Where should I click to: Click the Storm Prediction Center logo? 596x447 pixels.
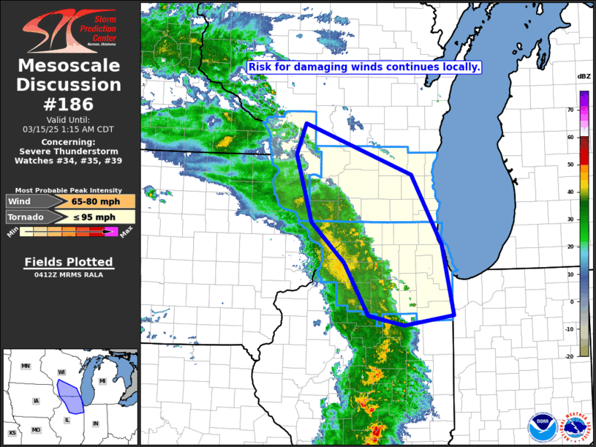69,30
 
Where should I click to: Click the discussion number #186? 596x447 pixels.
69,103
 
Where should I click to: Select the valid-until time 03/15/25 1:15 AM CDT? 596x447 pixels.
69,129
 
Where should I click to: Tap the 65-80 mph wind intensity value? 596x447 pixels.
93,201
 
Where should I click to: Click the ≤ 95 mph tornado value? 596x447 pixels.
93,217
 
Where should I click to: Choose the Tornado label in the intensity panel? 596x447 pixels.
28,217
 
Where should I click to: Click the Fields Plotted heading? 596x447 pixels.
69,262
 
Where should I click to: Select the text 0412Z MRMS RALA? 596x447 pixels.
69,275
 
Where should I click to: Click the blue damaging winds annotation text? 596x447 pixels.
364,67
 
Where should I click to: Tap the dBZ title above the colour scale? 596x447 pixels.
584,77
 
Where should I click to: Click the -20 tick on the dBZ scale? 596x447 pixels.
569,356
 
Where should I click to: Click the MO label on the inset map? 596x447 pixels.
35,430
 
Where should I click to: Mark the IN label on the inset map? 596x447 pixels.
94,424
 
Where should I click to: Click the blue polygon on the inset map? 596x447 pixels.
69,396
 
